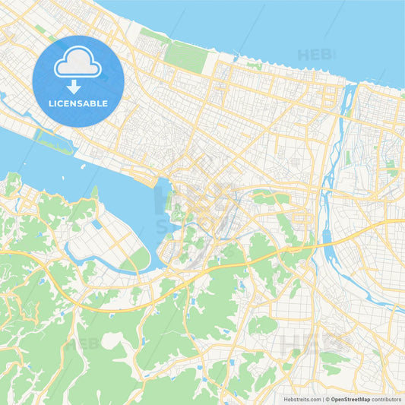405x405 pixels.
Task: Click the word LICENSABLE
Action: pos(78,103)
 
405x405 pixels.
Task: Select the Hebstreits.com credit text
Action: pos(299,398)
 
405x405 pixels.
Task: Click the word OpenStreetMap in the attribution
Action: pos(353,398)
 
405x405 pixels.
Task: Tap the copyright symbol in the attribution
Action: pos(327,398)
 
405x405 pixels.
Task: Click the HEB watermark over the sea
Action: pos(316,55)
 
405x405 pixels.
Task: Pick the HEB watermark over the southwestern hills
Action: pos(82,344)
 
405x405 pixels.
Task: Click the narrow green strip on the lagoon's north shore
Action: pos(53,141)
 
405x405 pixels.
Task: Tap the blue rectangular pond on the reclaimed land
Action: pos(97,225)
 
